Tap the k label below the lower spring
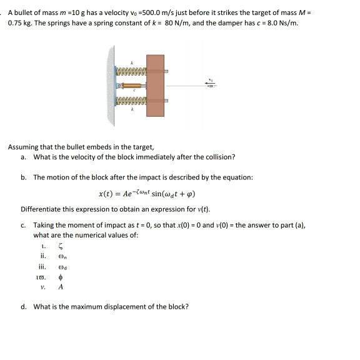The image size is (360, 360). [x=132, y=108]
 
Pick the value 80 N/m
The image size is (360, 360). [x=181, y=24]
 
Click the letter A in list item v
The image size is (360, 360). [x=60, y=288]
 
